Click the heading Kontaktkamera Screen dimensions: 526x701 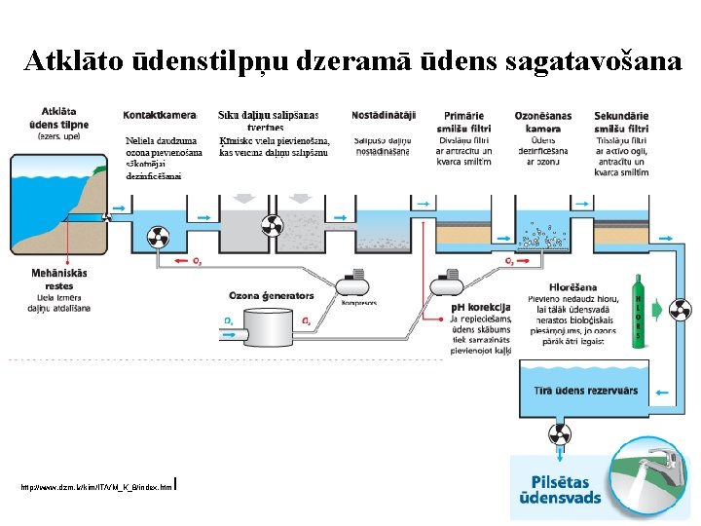click(x=161, y=116)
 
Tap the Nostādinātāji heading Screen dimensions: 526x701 click(x=384, y=116)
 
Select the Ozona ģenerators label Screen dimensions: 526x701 click(x=272, y=295)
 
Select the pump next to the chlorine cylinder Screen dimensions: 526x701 click(x=681, y=311)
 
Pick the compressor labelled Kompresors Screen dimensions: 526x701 click(x=352, y=284)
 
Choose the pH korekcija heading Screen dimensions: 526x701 click(x=480, y=309)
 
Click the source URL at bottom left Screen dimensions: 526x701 click(x=95, y=484)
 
